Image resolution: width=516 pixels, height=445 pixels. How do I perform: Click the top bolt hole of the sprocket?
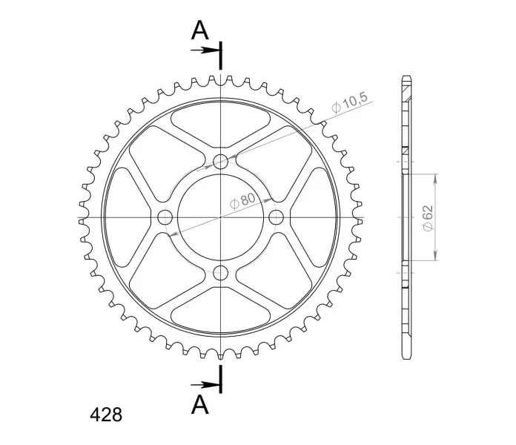pyautogui.click(x=220, y=161)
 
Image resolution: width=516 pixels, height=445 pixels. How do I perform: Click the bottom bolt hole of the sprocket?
pyautogui.click(x=220, y=272)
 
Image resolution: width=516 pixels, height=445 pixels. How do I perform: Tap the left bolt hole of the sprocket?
pyautogui.click(x=165, y=217)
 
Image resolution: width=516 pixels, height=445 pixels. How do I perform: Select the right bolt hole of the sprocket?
pyautogui.click(x=276, y=217)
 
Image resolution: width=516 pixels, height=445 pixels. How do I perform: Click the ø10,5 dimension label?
pyautogui.click(x=349, y=102)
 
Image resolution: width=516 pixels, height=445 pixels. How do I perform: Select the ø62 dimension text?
pyautogui.click(x=428, y=218)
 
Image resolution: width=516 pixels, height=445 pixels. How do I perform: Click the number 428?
pyautogui.click(x=106, y=415)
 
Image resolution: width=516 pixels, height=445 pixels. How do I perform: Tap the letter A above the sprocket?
pyautogui.click(x=199, y=30)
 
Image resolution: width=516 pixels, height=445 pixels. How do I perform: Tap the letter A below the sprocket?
pyautogui.click(x=199, y=404)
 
